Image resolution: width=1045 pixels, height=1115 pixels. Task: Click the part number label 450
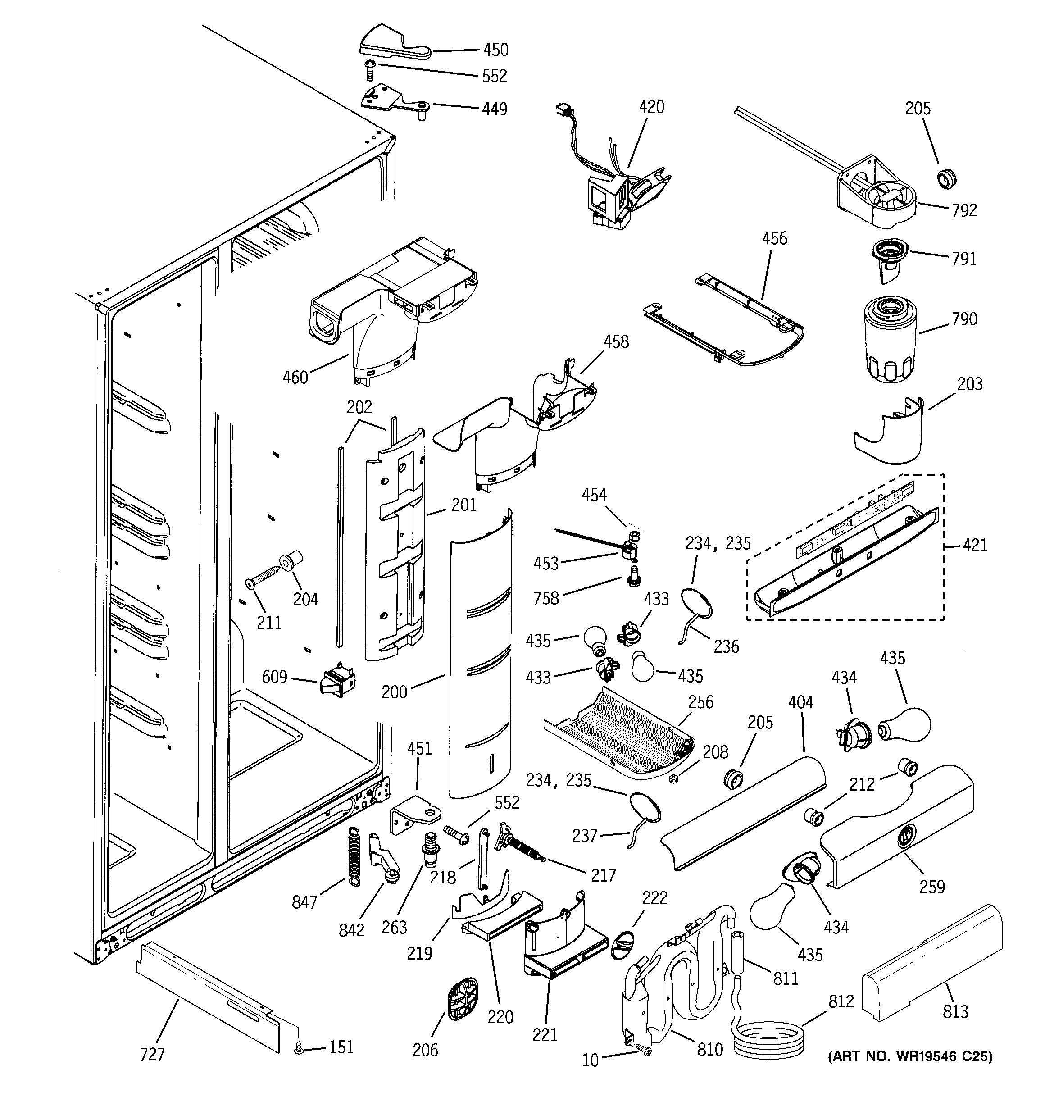tap(495, 50)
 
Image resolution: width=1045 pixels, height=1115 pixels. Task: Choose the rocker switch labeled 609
tap(337, 682)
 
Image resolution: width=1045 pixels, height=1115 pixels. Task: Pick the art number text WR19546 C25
tap(910, 1057)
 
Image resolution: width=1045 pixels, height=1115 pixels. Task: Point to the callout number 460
tap(295, 377)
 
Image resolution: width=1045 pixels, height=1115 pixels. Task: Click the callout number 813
tap(955, 1011)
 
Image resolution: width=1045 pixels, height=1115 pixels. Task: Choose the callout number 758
tap(546, 598)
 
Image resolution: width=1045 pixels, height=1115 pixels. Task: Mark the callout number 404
tap(800, 702)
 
